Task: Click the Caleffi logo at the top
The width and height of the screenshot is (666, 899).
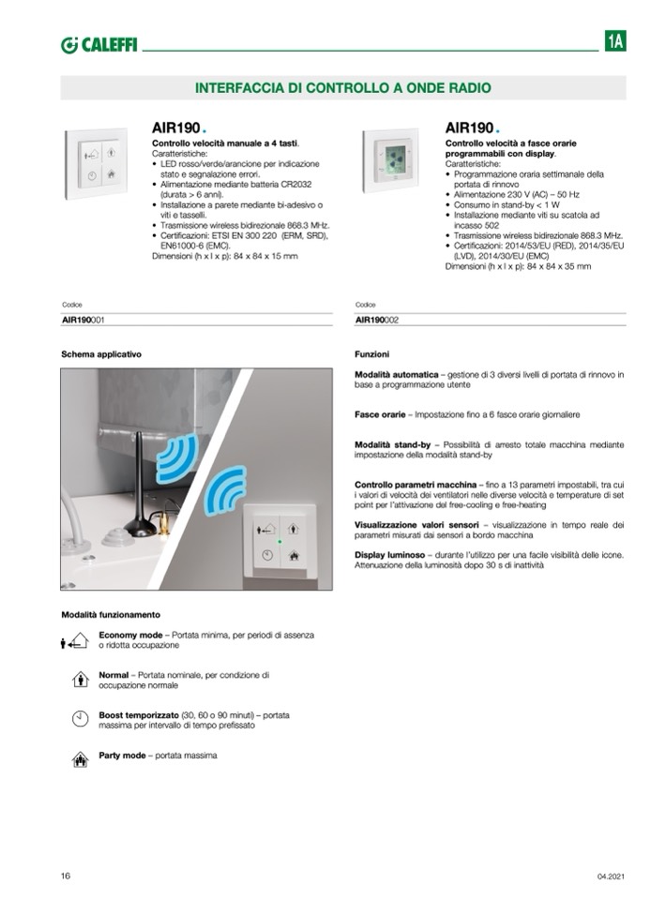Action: (x=98, y=44)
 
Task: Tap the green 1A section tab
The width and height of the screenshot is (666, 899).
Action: (x=615, y=42)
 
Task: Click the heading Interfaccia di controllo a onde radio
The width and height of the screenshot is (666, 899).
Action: (x=342, y=88)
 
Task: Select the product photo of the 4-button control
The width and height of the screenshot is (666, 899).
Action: (x=97, y=163)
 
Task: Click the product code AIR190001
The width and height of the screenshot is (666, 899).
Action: (x=83, y=320)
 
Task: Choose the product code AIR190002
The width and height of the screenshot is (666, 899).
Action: (x=377, y=320)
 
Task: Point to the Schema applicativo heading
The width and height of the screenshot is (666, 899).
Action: (x=101, y=355)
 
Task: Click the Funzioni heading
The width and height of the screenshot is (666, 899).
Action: (x=372, y=355)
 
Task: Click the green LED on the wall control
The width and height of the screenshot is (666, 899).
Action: (x=279, y=541)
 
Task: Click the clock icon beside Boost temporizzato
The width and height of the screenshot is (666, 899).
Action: (x=80, y=718)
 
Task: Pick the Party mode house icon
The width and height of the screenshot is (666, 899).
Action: (x=80, y=758)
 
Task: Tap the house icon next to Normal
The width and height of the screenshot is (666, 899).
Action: (x=80, y=679)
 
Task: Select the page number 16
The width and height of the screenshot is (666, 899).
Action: (x=66, y=876)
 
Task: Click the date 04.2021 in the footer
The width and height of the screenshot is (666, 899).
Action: (x=610, y=877)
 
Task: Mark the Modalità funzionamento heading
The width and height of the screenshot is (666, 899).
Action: (x=111, y=615)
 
